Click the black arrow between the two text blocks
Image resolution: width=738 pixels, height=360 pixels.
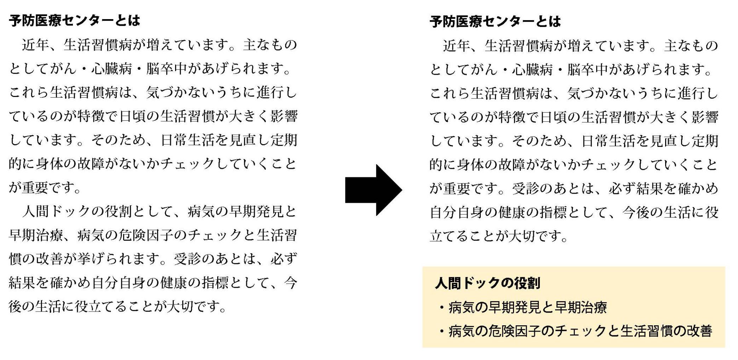point(373,190)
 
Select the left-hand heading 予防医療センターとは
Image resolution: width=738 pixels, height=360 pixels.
point(75,21)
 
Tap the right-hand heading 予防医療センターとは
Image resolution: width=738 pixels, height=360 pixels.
point(495,22)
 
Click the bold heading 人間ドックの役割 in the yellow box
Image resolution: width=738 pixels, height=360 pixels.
point(488,283)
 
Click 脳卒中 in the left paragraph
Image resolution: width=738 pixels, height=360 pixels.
point(167,69)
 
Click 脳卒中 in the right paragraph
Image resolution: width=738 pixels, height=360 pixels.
point(588,70)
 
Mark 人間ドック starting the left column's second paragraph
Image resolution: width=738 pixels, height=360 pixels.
point(57,211)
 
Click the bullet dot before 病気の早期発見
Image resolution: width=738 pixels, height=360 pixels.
point(442,308)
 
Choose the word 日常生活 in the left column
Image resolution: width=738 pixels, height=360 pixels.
point(188,140)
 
